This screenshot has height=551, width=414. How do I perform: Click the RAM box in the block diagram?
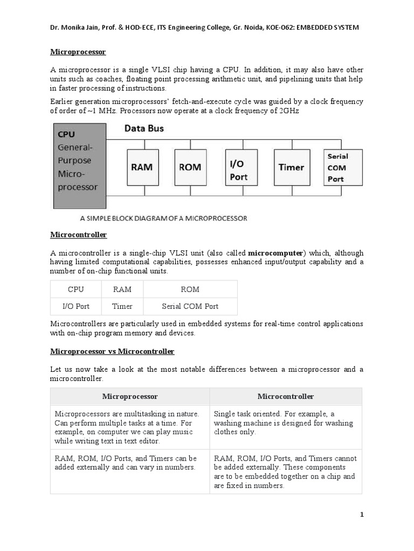pos(142,167)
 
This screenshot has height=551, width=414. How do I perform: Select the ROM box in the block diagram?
pos(189,167)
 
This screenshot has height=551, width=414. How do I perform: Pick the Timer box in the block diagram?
pos(291,167)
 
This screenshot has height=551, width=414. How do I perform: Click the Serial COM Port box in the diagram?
pos(343,167)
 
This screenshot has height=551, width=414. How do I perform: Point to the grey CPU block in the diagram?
pos(79,165)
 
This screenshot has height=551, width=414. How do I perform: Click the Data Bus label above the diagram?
pos(144,129)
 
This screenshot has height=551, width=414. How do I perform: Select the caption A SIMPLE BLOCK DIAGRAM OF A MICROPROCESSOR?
pos(163,218)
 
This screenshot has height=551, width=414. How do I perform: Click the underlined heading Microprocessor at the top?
pos(78,52)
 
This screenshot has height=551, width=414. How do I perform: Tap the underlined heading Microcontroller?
pos(79,235)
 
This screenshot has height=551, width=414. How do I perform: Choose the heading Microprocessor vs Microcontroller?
pos(112,351)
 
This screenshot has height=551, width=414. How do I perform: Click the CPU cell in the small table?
pos(76,289)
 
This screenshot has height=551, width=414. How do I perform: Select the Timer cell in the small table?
pos(122,306)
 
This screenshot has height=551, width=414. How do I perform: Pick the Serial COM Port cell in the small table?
pos(190,306)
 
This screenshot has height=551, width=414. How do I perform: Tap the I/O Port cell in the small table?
pos(76,306)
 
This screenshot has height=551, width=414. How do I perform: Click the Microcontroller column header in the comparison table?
pos(286,397)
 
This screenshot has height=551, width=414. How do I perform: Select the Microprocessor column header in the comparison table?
pos(130,397)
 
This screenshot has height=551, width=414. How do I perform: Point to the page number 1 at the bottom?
pos(362,515)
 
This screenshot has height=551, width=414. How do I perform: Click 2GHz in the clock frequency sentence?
pos(287,110)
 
